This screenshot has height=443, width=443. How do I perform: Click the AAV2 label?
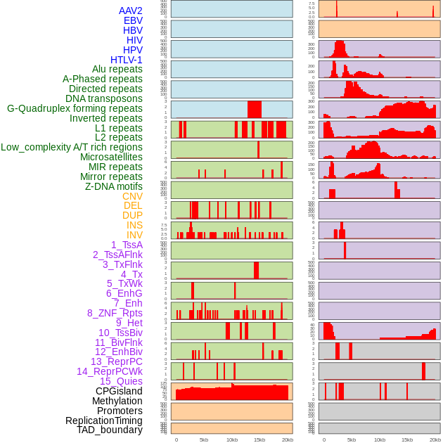[130, 11]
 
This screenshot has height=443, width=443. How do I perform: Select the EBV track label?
[132, 20]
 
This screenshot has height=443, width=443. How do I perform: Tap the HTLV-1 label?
[126, 60]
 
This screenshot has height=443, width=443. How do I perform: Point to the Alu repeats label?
[117, 69]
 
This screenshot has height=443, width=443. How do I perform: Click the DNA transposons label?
[103, 98]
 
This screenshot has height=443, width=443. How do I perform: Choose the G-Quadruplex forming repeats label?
[75, 108]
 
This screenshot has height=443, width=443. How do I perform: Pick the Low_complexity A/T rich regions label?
[72, 147]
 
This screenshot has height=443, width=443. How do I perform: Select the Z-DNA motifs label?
[113, 186]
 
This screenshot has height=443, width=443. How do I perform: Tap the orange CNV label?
[132, 196]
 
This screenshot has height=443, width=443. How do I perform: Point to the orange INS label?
[134, 225]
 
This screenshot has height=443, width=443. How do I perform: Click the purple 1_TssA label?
[127, 245]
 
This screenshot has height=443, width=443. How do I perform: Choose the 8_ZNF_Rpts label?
[115, 313]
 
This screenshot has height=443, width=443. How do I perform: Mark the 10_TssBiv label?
[120, 333]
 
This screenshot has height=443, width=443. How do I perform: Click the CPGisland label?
[119, 391]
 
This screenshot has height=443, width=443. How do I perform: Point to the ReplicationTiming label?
[103, 420]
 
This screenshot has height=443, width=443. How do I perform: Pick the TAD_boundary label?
[109, 430]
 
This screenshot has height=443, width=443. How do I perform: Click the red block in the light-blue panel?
[254, 109]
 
